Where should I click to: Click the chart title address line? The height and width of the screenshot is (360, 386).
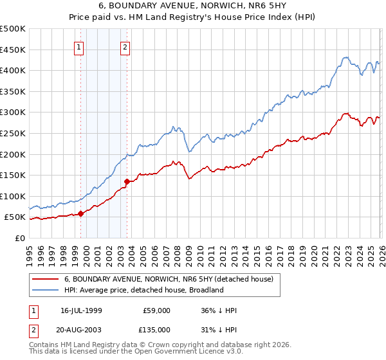[193, 6]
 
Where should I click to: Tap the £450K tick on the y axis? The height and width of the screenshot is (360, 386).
[13, 50]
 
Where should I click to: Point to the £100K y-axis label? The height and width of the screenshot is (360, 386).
[13, 196]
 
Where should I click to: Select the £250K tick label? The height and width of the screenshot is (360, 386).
[13, 133]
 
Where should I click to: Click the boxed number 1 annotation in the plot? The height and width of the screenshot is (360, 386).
[78, 46]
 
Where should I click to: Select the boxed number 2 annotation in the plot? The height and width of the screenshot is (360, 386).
[125, 46]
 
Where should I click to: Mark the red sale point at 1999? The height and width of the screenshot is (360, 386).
[80, 213]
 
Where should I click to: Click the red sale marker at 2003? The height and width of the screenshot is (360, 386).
[127, 181]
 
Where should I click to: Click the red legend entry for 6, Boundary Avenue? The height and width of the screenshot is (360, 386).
[169, 279]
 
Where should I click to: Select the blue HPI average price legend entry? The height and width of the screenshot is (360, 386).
[143, 290]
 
